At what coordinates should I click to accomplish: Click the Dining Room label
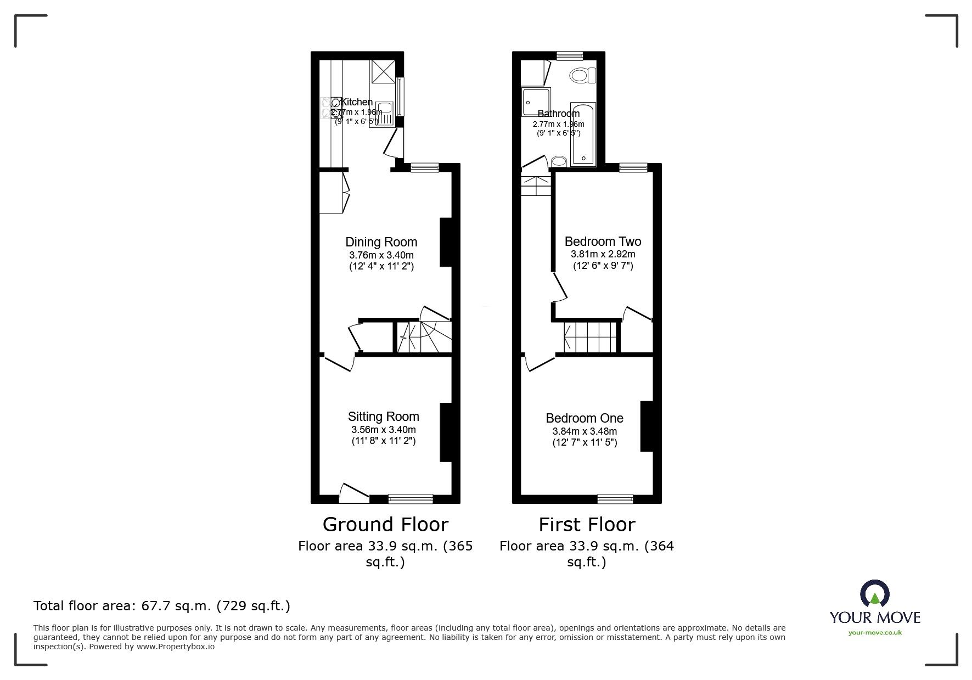[381, 242]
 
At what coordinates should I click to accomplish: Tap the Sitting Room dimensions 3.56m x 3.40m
[383, 430]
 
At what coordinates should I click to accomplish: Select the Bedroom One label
[584, 418]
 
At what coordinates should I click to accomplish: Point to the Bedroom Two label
[603, 241]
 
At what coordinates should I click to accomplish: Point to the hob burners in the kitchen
[332, 108]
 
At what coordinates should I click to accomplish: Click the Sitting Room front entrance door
[354, 493]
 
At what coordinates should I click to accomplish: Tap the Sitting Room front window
[411, 498]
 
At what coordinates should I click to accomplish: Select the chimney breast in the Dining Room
[446, 242]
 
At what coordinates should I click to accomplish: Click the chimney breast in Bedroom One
[647, 426]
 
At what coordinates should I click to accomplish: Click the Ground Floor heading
[385, 525]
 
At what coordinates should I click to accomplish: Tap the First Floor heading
[586, 525]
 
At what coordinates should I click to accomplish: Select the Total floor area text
[161, 606]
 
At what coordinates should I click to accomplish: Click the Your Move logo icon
[874, 595]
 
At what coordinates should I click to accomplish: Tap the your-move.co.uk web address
[875, 633]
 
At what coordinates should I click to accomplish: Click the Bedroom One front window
[615, 498]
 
